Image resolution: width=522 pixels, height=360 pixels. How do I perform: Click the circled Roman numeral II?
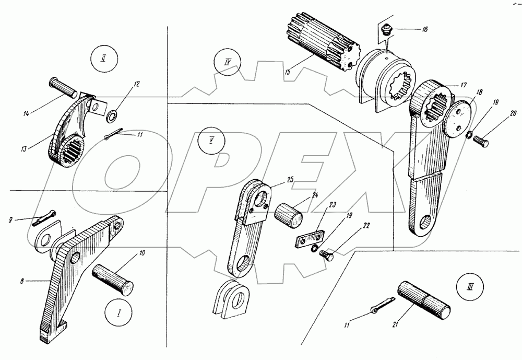104,59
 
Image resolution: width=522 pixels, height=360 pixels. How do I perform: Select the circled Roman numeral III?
471,287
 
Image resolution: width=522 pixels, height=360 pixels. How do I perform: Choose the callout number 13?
23,149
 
